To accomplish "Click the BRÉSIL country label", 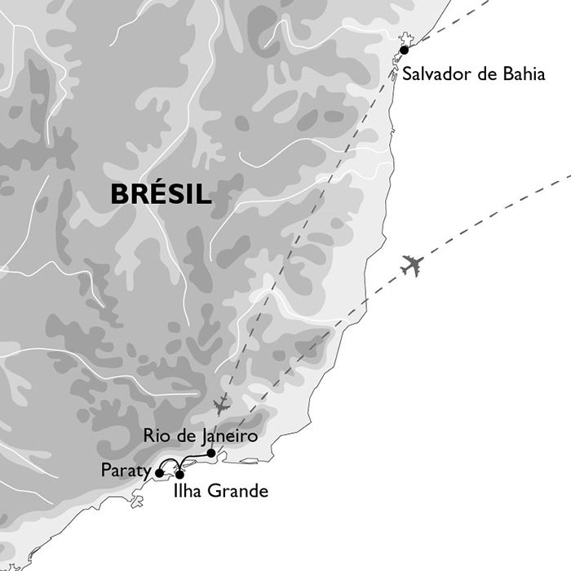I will tap(161, 194).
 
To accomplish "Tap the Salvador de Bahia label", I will tap(474, 75).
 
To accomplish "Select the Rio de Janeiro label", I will tap(200, 436).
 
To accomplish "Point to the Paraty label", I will tap(126, 470).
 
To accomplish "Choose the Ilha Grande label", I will tap(220, 492).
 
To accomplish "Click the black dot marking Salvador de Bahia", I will tap(404, 50).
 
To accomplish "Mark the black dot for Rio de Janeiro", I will tap(211, 453).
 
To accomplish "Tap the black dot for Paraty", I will tap(159, 471).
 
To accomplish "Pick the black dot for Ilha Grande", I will tap(179, 474).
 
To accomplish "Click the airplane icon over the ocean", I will tap(412, 265).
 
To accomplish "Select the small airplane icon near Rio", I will tap(220, 405).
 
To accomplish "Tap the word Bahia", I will tap(521, 75).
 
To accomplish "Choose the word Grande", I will tap(238, 492).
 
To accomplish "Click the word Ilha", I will tap(188, 492).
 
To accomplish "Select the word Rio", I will tap(155, 436).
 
